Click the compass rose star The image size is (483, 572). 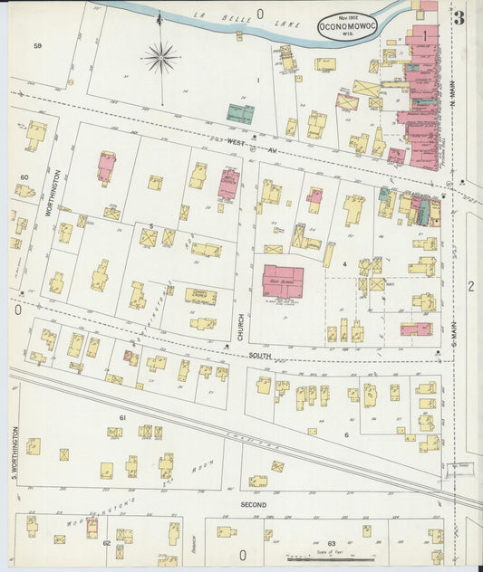[x=161, y=58]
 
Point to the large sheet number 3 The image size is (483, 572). [x=459, y=19]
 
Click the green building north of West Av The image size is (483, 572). [x=240, y=114]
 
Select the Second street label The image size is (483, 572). [x=253, y=502]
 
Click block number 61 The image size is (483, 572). [x=122, y=417]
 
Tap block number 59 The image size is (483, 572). [x=37, y=45]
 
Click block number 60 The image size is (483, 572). [x=24, y=177]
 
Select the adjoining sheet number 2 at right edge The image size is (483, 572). [x=470, y=287]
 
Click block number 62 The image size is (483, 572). [x=106, y=543]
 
